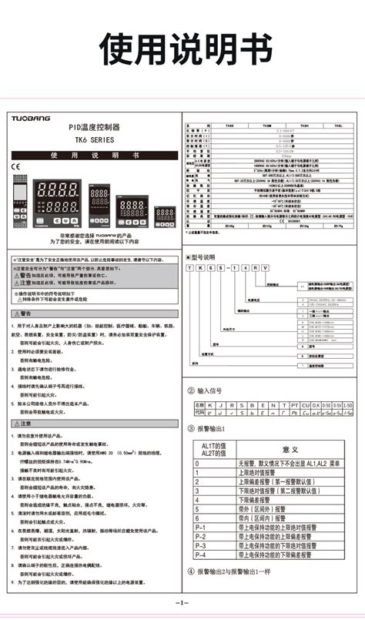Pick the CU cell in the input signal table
pyautogui.click(x=305, y=404)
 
